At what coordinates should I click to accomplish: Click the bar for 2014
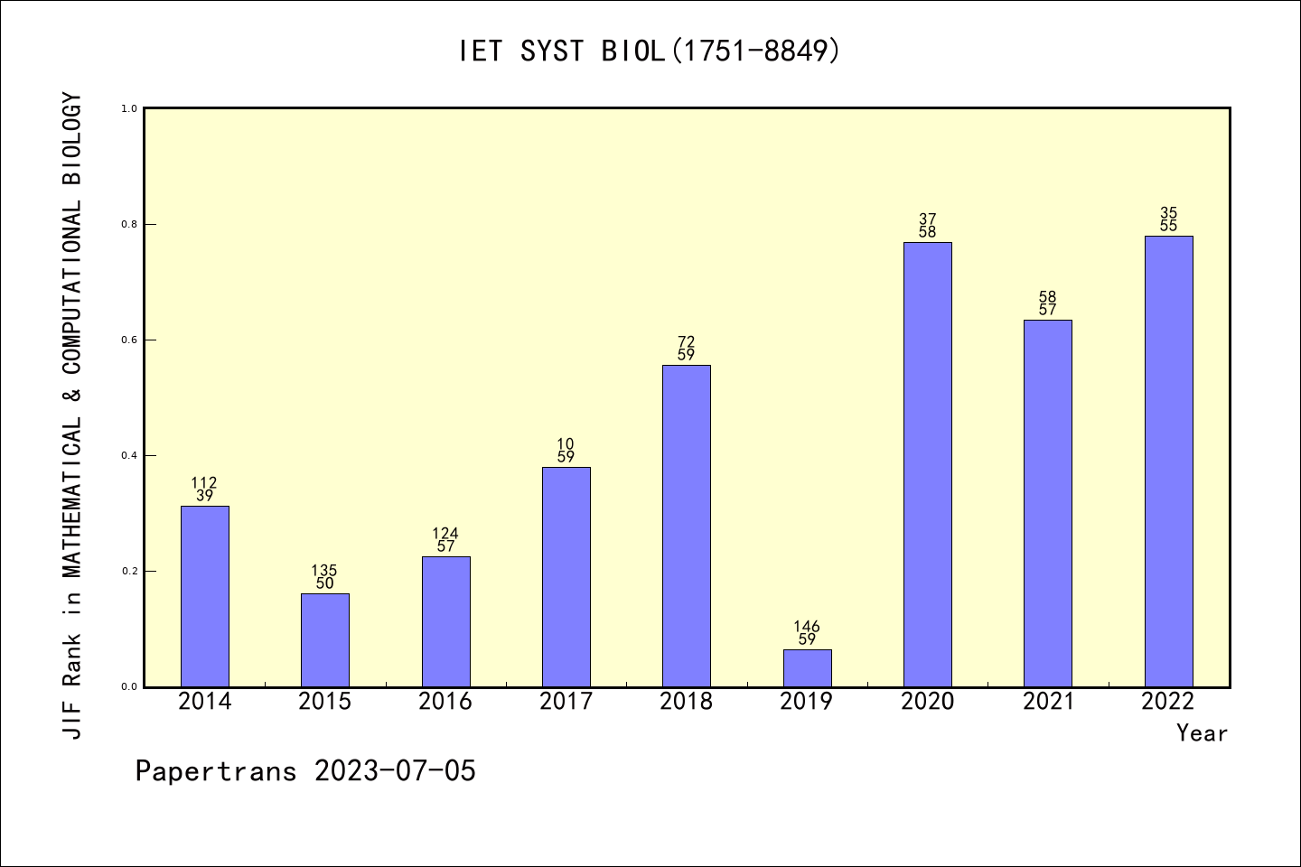[x=205, y=596]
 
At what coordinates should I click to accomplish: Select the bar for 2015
[x=325, y=639]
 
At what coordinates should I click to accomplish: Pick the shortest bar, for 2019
[x=807, y=668]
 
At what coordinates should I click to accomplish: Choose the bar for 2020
[x=928, y=464]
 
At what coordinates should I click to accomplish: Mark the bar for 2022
[x=1168, y=461]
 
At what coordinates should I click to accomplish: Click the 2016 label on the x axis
[x=445, y=702]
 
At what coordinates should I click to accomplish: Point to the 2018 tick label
[x=687, y=702]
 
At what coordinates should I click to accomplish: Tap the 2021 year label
[x=1048, y=702]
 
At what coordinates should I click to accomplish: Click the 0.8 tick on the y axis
[x=129, y=224]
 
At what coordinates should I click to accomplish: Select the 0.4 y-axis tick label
[x=129, y=455]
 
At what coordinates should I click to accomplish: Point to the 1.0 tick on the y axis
[x=129, y=108]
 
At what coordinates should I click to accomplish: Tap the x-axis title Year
[x=1202, y=733]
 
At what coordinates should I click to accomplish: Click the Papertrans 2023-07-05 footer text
[x=305, y=771]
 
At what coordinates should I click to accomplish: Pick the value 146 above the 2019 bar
[x=807, y=627]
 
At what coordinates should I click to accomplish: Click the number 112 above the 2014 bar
[x=204, y=483]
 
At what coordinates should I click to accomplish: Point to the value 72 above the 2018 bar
[x=687, y=341]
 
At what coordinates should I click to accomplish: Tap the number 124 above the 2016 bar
[x=445, y=534]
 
